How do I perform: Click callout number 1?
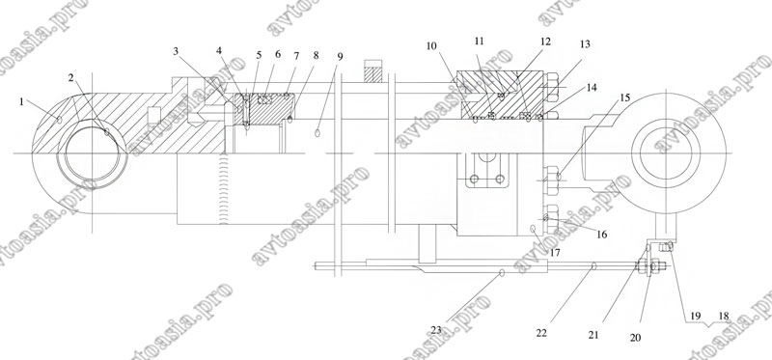click(21, 101)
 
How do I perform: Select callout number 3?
click(176, 51)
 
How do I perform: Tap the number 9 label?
click(340, 56)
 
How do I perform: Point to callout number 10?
click(431, 45)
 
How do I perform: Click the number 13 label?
click(585, 43)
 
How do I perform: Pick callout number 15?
click(624, 97)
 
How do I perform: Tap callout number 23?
click(436, 330)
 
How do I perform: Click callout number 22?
click(541, 333)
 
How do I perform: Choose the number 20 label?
click(636, 338)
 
